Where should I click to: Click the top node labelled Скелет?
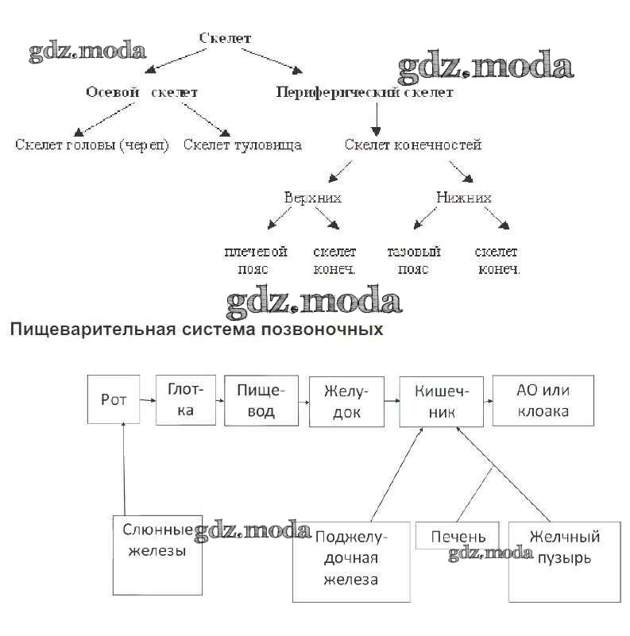click(x=225, y=37)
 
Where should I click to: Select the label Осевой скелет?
click(x=141, y=92)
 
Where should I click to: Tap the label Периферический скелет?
click(x=365, y=92)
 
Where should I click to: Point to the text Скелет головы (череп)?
click(x=91, y=145)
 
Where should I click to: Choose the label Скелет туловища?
click(x=242, y=145)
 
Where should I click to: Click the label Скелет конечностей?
click(x=413, y=145)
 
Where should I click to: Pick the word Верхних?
click(x=313, y=197)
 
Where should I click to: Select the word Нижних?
click(x=464, y=197)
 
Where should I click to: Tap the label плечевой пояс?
click(x=255, y=260)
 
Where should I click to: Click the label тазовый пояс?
click(x=413, y=260)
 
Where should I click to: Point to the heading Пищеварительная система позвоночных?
click(x=196, y=329)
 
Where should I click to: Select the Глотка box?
click(x=186, y=399)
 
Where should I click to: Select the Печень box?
click(x=458, y=537)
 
